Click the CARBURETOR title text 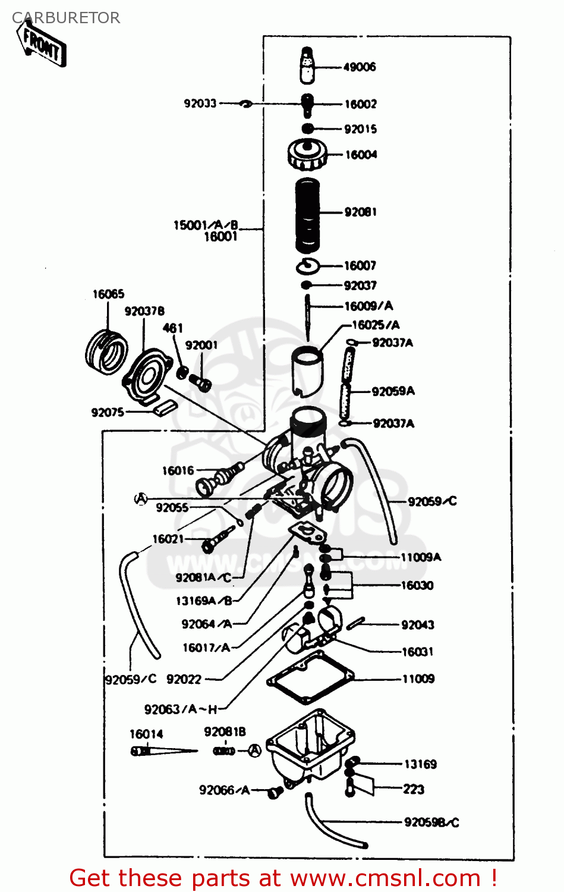coord(66,18)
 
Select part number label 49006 coord(360,67)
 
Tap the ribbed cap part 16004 coord(306,154)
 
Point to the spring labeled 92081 coord(308,214)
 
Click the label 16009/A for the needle coord(368,306)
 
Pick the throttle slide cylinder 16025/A coord(307,371)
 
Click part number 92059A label coord(393,391)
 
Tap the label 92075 coord(108,412)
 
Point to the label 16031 coord(417,652)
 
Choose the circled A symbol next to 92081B coord(254,751)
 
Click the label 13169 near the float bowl coord(420,764)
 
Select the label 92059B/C coord(431,822)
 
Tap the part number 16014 coord(146,734)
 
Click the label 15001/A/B coord(206,225)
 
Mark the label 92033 coord(200,103)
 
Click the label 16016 coord(178,471)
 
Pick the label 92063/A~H coord(181,709)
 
